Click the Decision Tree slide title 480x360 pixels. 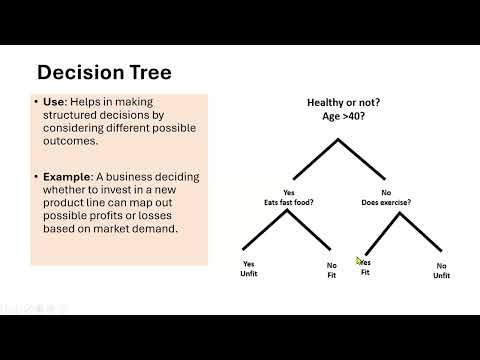tap(103, 72)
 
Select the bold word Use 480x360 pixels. tap(56, 103)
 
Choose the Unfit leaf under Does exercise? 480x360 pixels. tap(441, 275)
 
